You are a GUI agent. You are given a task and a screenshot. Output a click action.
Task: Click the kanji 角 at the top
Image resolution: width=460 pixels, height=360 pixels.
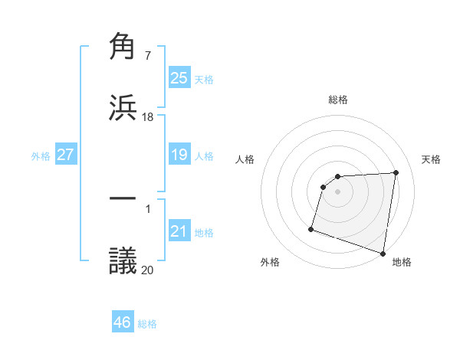coord(123,47)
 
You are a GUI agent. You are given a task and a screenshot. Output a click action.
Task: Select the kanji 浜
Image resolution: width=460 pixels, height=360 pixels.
coord(123,106)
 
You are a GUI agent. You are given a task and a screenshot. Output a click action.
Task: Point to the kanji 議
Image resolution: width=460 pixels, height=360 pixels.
coord(123,259)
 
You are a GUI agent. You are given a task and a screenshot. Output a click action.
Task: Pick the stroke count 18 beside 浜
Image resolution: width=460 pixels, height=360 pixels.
coord(148,116)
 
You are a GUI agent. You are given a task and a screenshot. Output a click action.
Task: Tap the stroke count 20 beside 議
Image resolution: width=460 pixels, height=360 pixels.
coord(148,269)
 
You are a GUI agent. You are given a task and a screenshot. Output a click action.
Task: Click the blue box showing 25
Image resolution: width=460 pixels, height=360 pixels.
coord(179,78)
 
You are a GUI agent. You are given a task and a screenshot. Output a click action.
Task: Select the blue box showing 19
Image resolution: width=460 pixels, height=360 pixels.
coord(179,155)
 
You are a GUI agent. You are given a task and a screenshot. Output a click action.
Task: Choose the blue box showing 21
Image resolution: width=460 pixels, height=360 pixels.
coord(179,231)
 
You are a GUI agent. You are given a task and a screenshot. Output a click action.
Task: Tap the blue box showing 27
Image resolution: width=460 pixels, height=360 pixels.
coord(65,155)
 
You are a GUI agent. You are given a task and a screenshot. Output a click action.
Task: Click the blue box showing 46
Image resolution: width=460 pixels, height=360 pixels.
coord(122,322)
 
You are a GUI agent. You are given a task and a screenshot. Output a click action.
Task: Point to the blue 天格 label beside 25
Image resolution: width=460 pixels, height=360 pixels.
coord(204,79)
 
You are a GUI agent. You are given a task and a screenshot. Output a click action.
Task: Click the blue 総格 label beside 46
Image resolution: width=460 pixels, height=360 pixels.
coord(147,324)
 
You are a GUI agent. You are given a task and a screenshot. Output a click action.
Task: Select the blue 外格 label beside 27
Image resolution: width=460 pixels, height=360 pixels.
coord(41,155)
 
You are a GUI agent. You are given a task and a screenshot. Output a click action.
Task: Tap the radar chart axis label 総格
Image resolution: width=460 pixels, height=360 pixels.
coord(338,100)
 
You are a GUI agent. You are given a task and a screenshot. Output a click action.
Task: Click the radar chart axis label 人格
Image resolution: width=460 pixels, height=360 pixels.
coord(245,159)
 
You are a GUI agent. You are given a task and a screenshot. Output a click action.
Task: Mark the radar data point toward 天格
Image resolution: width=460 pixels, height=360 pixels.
coord(396,172)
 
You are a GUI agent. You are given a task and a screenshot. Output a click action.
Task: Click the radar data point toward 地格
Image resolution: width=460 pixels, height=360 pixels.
coord(383,253)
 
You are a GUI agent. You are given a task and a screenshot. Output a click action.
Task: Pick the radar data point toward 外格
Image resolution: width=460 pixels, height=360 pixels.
coord(311,228)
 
